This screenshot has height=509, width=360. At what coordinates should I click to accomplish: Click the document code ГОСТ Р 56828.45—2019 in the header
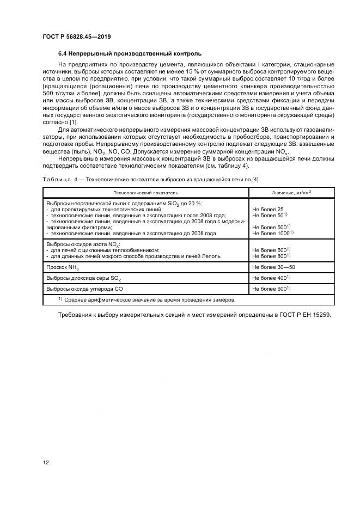[x=77, y=36]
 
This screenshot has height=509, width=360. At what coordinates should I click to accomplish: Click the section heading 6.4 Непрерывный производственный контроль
[x=130, y=54]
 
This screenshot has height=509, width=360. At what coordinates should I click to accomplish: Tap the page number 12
[x=46, y=462]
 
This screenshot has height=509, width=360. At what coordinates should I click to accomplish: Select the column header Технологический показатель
[x=145, y=193]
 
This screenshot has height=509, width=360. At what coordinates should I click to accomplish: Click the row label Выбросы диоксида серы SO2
[x=84, y=278]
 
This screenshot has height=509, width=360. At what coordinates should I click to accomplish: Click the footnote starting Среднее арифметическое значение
[x=150, y=299]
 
